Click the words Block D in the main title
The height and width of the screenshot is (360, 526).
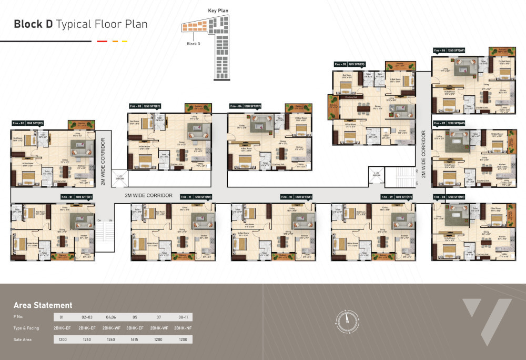(x=33, y=24)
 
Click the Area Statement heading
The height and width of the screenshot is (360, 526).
(x=43, y=305)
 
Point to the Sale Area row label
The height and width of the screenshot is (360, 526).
(x=23, y=339)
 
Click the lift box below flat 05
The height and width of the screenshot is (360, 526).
(x=376, y=176)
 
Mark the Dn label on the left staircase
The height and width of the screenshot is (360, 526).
(x=98, y=220)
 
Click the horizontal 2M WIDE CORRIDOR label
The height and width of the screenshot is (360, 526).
(x=148, y=195)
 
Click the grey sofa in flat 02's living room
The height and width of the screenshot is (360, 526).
(x=83, y=147)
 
